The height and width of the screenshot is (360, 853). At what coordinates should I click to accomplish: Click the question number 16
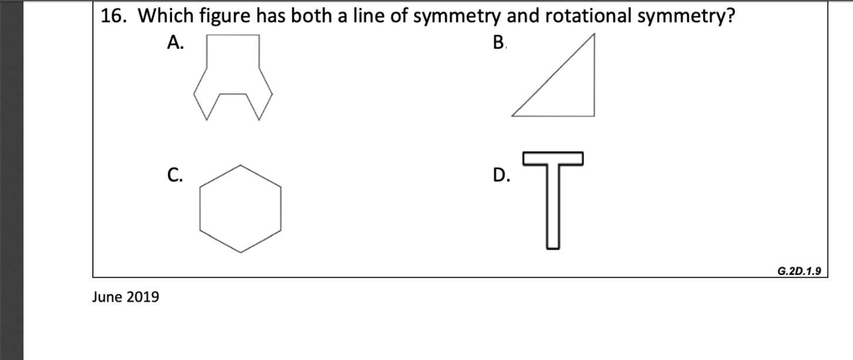point(114,16)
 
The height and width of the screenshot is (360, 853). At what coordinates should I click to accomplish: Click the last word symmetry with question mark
point(686,17)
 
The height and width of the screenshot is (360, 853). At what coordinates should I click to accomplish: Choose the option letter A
point(175,42)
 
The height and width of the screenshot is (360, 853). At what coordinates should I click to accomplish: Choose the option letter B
point(499,42)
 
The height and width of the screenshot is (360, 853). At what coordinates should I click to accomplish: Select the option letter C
point(174,175)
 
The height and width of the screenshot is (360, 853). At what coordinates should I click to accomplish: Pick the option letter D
point(501,175)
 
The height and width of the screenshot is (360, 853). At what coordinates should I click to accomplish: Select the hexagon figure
point(240,208)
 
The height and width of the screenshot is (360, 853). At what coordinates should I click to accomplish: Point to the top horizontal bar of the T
point(553,158)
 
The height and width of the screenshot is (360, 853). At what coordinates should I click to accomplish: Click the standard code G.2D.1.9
point(798,271)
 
